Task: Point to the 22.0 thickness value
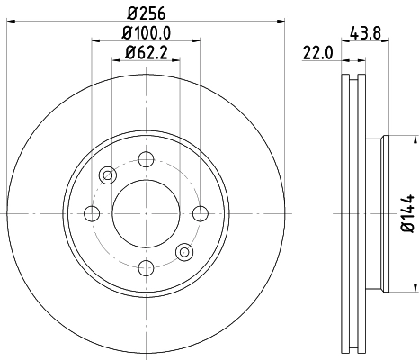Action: [x=318, y=53]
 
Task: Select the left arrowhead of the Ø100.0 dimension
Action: [x=94, y=40]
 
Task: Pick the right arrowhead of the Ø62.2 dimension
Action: [x=174, y=61]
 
